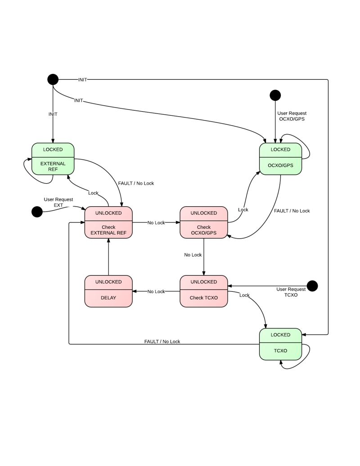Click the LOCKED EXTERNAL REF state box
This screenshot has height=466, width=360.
tap(53, 158)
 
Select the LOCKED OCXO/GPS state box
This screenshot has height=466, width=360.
tap(280, 158)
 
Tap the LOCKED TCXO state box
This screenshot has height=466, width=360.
tap(280, 344)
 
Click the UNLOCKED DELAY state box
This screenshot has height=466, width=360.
tap(108, 291)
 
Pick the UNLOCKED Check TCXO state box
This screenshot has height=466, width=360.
tap(203, 291)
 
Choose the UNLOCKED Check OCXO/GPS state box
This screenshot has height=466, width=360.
tap(203, 222)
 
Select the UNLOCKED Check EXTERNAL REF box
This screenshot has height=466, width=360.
tap(108, 222)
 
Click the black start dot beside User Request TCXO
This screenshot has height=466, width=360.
tap(312, 285)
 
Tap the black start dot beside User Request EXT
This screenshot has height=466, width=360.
tap(37, 212)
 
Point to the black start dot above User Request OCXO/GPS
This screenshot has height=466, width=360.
tap(275, 95)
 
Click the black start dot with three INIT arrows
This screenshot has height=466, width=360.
tap(53, 79)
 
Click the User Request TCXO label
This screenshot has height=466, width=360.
tap(291, 292)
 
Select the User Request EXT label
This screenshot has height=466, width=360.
tap(58, 202)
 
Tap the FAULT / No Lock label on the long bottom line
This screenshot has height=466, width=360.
tap(162, 341)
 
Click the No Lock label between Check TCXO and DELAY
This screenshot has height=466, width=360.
tap(156, 292)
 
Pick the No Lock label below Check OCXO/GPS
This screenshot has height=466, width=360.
tap(193, 255)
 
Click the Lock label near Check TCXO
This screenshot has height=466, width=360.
tap(244, 295)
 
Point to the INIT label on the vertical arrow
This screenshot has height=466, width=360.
tap(53, 114)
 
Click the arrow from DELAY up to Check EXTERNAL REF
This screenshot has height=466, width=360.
tap(108, 257)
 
